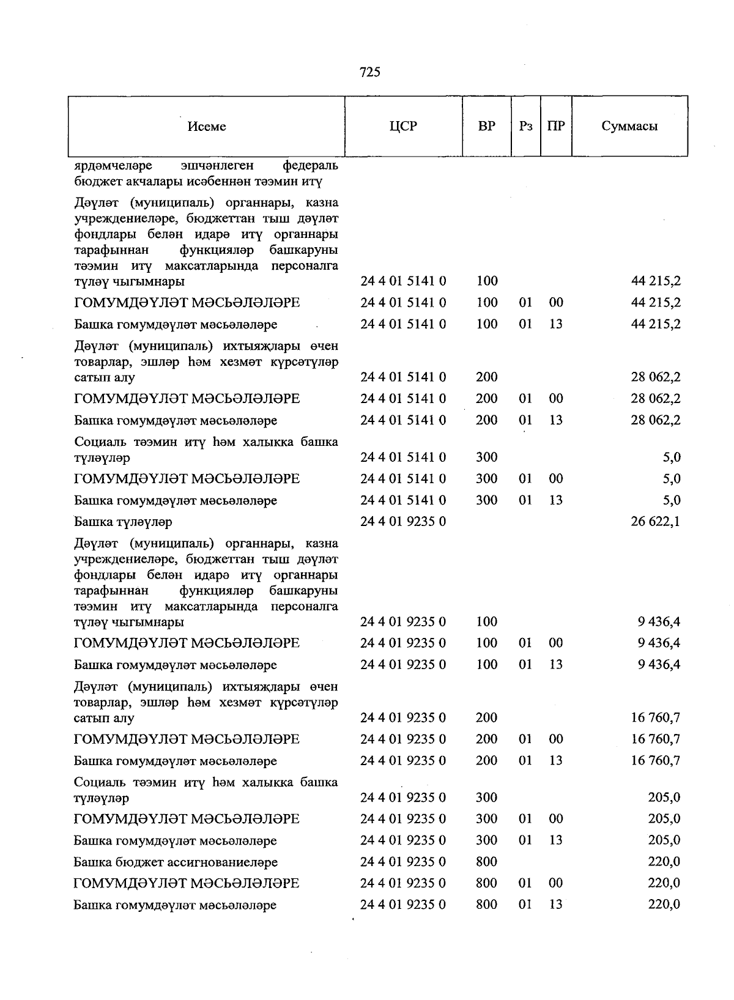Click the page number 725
[x=370, y=72]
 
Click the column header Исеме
[x=207, y=127]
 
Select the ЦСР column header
[x=403, y=127]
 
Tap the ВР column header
[x=486, y=127]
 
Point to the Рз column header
[x=525, y=127]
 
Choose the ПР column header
[x=556, y=127]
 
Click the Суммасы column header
[x=629, y=127]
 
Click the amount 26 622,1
[x=656, y=521]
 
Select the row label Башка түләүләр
[x=123, y=522]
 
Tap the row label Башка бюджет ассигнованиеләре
[x=176, y=862]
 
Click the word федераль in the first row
[x=311, y=166]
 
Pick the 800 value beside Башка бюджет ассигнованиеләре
[x=486, y=862]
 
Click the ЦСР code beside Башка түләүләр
[x=403, y=521]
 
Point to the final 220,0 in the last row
[x=664, y=905]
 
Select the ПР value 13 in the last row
[x=555, y=905]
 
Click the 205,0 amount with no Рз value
[x=664, y=798]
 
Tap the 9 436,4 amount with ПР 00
[x=659, y=643]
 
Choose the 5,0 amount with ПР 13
[x=672, y=500]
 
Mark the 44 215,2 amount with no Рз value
[x=656, y=281]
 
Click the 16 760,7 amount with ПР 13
[x=656, y=760]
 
